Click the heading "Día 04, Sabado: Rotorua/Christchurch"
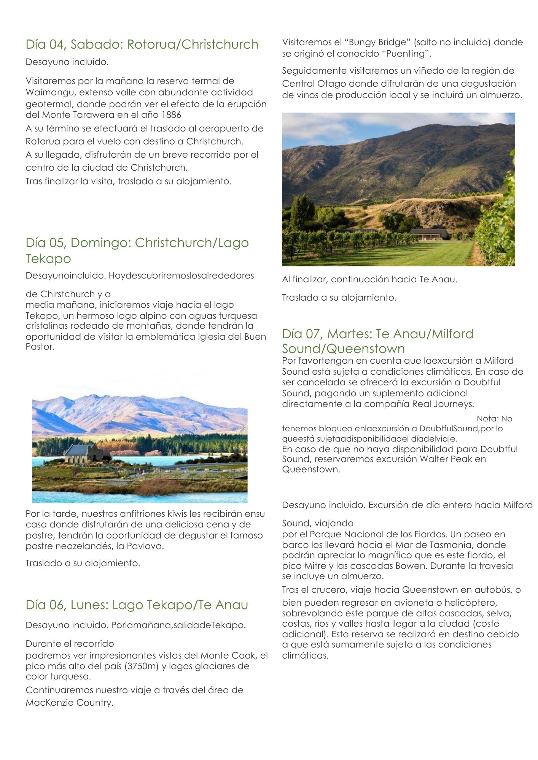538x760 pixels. [142, 44]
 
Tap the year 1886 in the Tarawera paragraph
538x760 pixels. [171, 115]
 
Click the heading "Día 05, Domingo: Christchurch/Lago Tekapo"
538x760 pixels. [137, 250]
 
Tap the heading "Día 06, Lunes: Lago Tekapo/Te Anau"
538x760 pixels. [137, 605]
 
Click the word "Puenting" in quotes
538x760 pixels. [406, 54]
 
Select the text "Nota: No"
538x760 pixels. [494, 419]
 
